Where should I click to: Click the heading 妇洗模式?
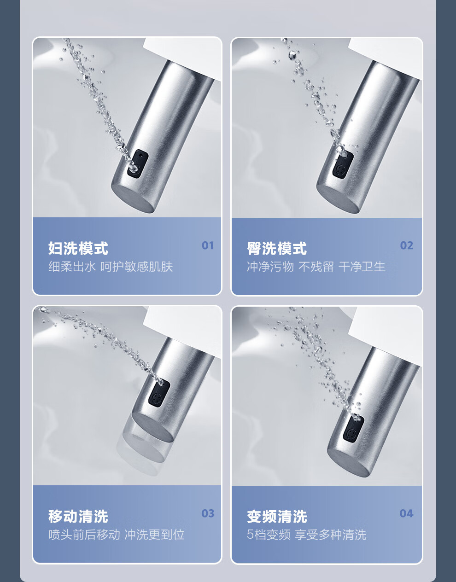pyautogui.click(x=78, y=248)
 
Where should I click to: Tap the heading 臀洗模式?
pyautogui.click(x=277, y=248)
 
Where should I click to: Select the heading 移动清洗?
pyautogui.click(x=78, y=516)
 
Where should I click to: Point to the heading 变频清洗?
pyautogui.click(x=277, y=516)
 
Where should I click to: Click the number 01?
pyautogui.click(x=208, y=245)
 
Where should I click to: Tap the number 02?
pyautogui.click(x=406, y=245)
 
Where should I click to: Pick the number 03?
pyautogui.click(x=208, y=513)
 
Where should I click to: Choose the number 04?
pyautogui.click(x=406, y=513)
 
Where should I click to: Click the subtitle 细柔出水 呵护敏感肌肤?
pyautogui.click(x=111, y=267)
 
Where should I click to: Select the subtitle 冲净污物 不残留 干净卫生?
pyautogui.click(x=316, y=267)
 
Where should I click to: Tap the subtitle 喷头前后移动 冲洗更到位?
pyautogui.click(x=117, y=534)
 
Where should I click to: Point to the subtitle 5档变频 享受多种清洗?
pyautogui.click(x=306, y=534)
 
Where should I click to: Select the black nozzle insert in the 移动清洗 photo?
pyautogui.click(x=159, y=393)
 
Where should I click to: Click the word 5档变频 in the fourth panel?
pyautogui.click(x=269, y=534)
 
